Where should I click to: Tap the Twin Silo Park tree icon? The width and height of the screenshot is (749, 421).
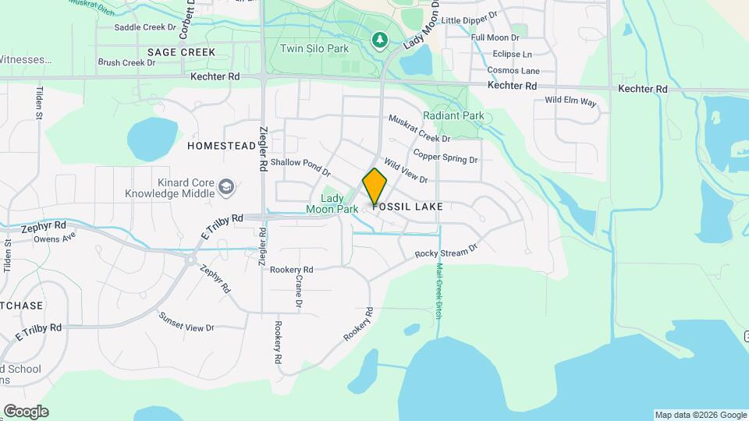(380, 40)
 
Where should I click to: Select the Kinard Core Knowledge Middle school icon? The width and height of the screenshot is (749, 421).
(226, 186)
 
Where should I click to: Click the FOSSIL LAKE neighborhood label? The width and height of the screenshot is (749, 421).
(408, 207)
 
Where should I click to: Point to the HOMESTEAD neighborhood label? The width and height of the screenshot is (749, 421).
(222, 146)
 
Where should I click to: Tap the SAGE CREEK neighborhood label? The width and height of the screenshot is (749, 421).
(181, 52)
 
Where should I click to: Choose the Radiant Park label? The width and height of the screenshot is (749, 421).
(453, 116)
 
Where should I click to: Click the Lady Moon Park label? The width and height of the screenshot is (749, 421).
(332, 203)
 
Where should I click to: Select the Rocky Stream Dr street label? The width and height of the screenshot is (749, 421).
(446, 252)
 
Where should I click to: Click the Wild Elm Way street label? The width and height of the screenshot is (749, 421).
(570, 101)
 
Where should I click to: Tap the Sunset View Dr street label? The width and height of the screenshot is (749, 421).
(186, 322)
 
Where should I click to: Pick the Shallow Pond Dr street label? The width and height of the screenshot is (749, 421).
(301, 166)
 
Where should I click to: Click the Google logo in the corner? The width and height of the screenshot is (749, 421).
(26, 412)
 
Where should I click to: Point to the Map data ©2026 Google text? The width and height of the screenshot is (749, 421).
(700, 415)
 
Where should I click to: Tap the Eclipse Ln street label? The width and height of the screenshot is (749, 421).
(512, 55)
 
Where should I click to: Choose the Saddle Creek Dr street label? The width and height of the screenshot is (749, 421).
(145, 27)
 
